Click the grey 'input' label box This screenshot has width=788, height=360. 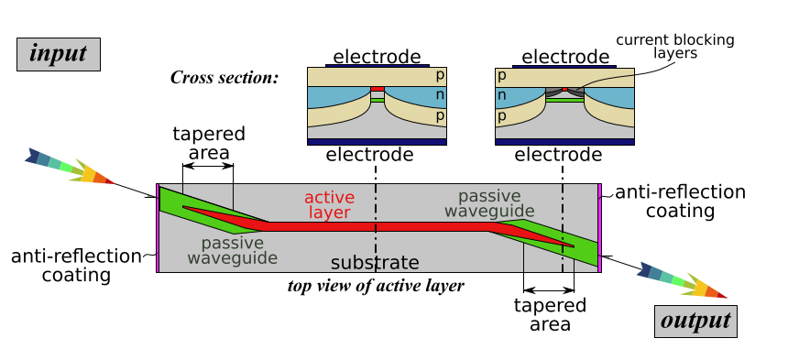point(59,54)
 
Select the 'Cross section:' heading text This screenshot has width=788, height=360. point(224,77)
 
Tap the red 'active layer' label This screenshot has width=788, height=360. point(329,205)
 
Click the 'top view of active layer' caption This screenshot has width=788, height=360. point(376,285)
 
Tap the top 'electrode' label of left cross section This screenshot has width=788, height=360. point(377,57)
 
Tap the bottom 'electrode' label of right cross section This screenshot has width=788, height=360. point(564,155)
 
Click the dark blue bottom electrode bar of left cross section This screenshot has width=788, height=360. point(376,142)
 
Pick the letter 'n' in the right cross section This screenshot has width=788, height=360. point(501,95)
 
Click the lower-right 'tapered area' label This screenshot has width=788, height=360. point(549,314)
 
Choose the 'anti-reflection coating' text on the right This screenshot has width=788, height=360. point(679,202)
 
